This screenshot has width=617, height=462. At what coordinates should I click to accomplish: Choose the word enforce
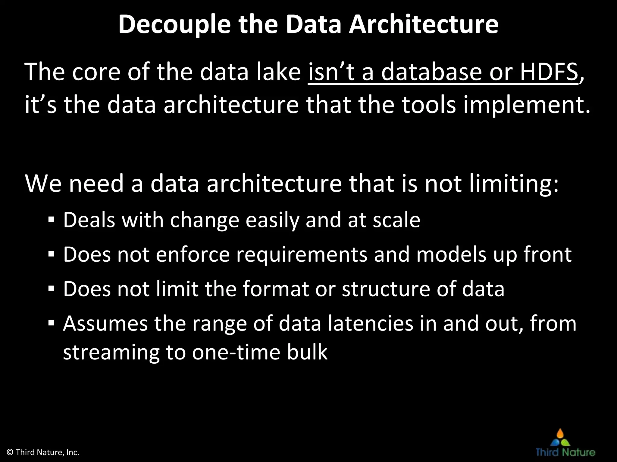coord(193,255)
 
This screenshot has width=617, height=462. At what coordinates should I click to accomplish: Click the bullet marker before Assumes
coord(51,324)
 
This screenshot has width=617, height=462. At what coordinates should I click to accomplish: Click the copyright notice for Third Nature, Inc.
coord(43,452)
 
